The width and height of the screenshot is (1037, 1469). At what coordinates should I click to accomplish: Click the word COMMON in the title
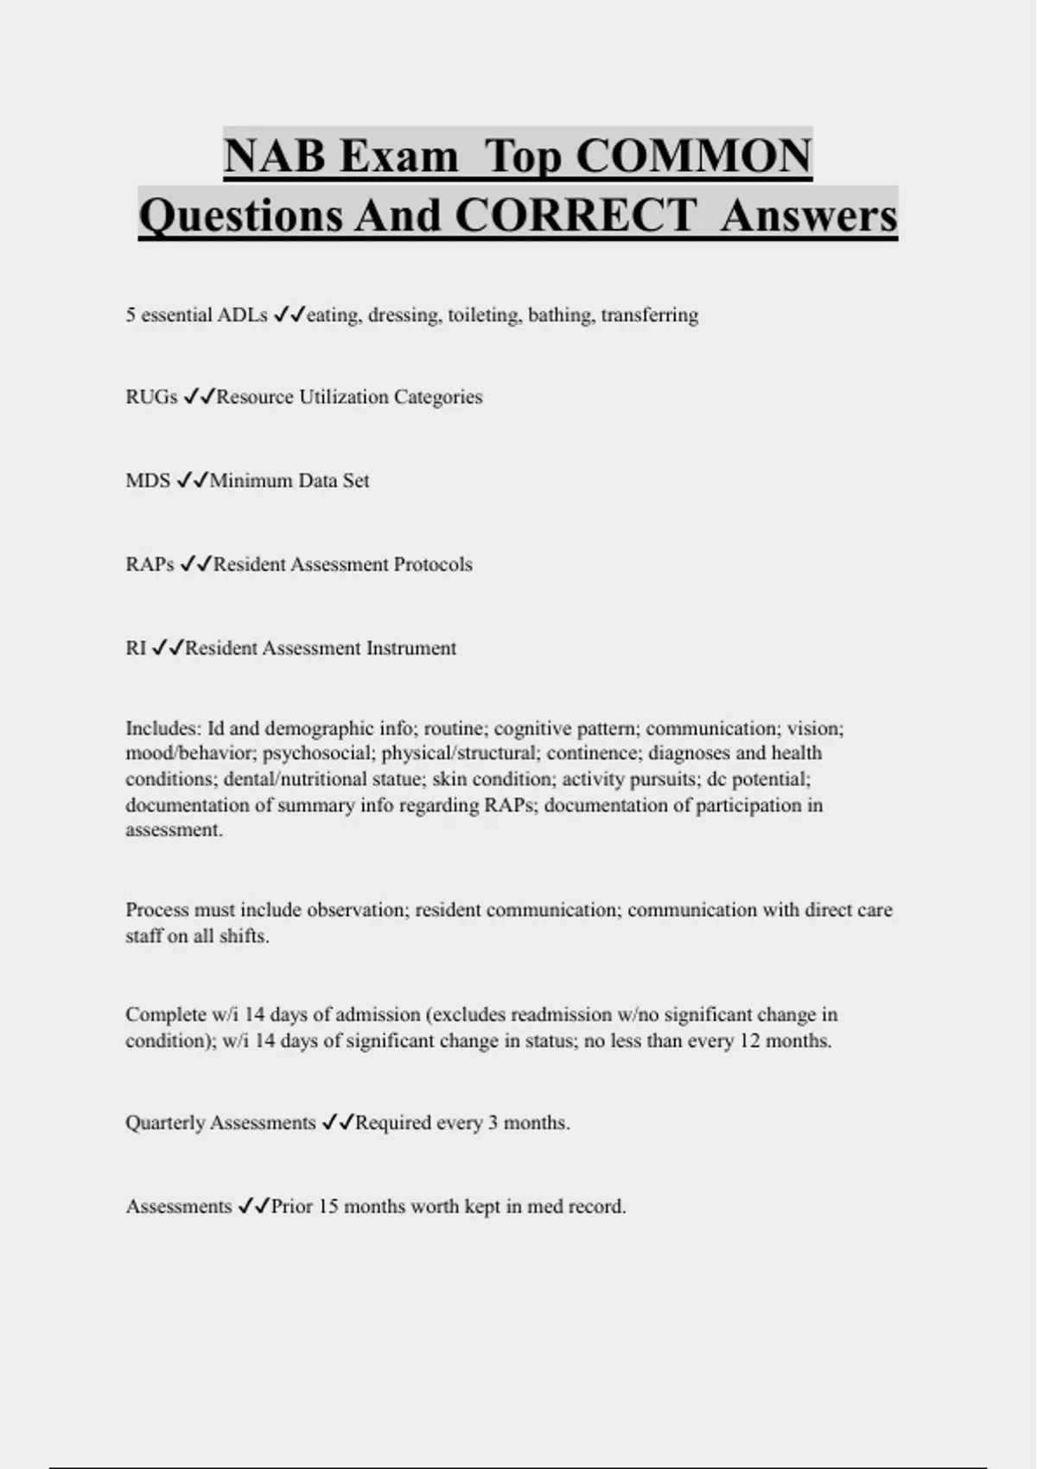point(693,156)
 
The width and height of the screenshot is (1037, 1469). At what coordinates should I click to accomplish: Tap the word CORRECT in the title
point(575,216)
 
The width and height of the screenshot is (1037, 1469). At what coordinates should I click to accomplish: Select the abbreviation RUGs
point(151,397)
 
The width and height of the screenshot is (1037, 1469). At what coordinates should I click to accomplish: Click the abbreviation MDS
point(148,481)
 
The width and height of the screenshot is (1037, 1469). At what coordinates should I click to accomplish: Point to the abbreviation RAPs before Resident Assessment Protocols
point(150,565)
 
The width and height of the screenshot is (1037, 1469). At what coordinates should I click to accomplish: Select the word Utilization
point(343,397)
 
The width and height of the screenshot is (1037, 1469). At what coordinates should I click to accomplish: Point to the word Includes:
point(163,728)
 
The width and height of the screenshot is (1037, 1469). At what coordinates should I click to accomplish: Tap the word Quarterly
point(165,1123)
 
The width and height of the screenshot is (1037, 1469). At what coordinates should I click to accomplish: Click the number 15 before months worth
point(328,1206)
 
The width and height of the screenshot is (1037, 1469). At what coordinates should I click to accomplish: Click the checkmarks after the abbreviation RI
point(168,649)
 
